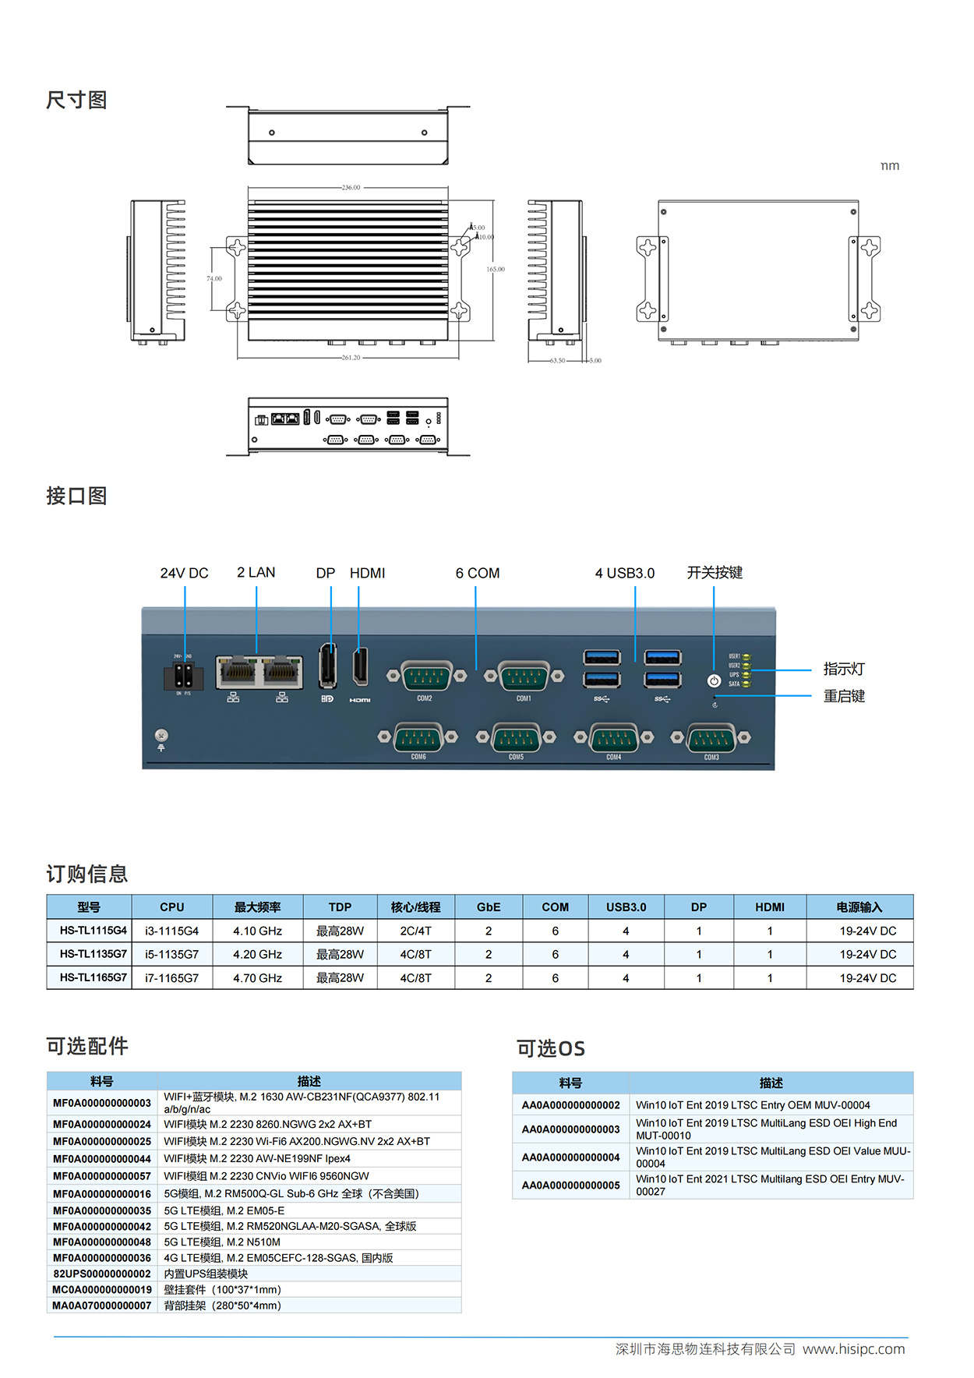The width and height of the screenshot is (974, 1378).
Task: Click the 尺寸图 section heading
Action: pyautogui.click(x=76, y=100)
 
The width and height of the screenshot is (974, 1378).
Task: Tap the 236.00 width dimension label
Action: pyautogui.click(x=351, y=188)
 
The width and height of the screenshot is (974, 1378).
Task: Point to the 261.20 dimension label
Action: pyautogui.click(x=351, y=358)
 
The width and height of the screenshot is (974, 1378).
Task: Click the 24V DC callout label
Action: pyautogui.click(x=184, y=573)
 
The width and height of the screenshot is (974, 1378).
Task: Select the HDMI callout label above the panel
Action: pyautogui.click(x=367, y=573)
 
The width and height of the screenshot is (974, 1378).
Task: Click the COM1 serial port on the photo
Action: pyautogui.click(x=524, y=676)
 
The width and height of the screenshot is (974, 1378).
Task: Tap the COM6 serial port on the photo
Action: pyautogui.click(x=418, y=737)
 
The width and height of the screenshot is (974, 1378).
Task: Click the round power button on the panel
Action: pyautogui.click(x=714, y=680)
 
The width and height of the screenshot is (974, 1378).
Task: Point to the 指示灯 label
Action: pyautogui.click(x=844, y=669)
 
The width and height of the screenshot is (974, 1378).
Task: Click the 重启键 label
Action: pyautogui.click(x=844, y=696)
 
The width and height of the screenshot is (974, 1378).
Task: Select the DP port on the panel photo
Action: pyautogui.click(x=328, y=667)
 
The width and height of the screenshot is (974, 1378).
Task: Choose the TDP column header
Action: pyautogui.click(x=340, y=907)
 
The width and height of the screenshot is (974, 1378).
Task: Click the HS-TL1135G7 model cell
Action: pyautogui.click(x=93, y=954)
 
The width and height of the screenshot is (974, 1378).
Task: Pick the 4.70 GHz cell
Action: pyautogui.click(x=257, y=978)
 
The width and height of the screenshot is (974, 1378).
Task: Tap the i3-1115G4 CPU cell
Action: pyautogui.click(x=171, y=931)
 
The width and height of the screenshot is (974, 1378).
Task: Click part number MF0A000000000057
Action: pyautogui.click(x=102, y=1176)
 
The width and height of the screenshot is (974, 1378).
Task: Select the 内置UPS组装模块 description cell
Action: pyautogui.click(x=206, y=1274)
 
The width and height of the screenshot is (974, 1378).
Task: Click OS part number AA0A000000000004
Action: pyautogui.click(x=570, y=1157)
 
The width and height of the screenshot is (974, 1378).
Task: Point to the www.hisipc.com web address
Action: pyautogui.click(x=853, y=1349)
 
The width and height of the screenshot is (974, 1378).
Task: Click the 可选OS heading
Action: pyautogui.click(x=550, y=1048)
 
